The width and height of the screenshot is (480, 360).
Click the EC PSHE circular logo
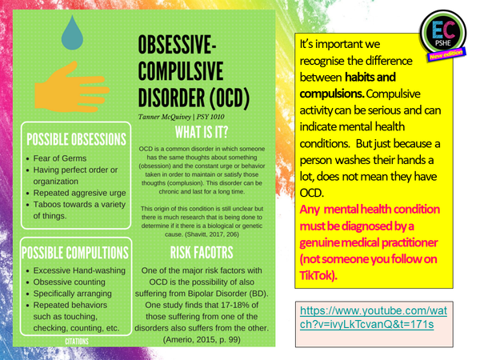[440, 39]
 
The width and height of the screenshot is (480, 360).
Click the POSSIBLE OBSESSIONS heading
[75, 138]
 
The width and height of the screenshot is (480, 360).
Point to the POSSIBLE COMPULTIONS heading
[75, 253]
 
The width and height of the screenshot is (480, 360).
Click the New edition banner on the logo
[446, 58]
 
